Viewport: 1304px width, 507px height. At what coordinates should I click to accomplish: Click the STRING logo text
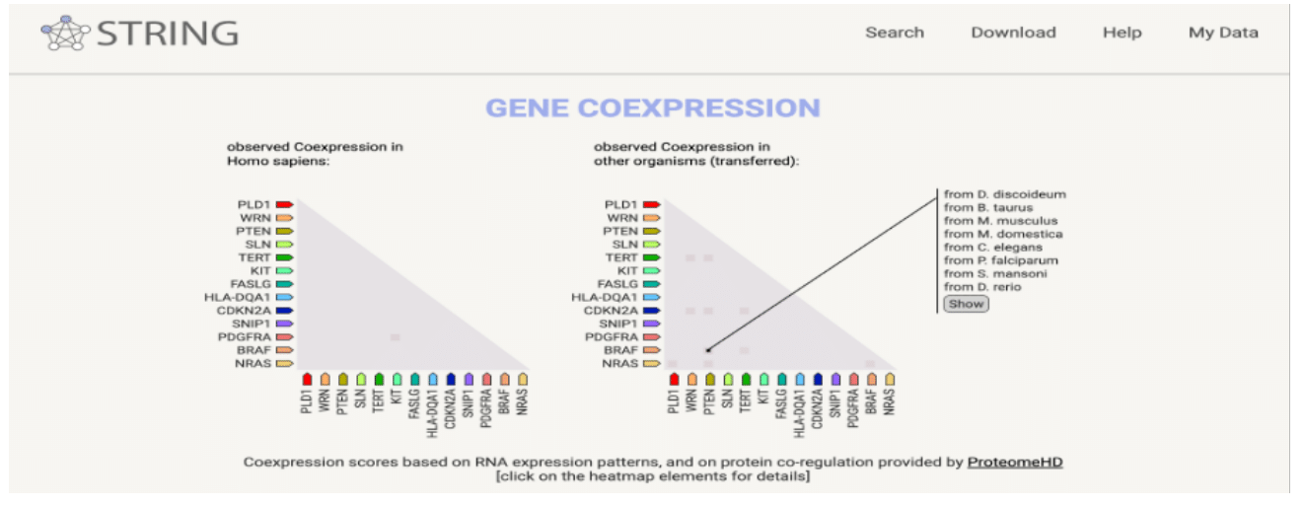point(167,34)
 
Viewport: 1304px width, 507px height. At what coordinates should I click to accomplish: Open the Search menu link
point(895,33)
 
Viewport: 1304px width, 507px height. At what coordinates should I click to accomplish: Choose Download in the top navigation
point(1013,33)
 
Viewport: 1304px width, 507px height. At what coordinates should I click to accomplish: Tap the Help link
point(1122,33)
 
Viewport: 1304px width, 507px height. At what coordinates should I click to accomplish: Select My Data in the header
point(1223,33)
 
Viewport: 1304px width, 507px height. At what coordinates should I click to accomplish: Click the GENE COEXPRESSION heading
point(652,108)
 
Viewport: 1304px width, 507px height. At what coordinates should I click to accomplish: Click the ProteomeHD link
point(1014,462)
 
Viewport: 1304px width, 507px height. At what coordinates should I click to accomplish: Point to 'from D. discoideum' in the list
point(1004,194)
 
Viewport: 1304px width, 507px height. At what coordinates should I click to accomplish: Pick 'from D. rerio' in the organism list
point(982,287)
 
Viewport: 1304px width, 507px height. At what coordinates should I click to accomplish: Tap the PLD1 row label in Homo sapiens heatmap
point(254,204)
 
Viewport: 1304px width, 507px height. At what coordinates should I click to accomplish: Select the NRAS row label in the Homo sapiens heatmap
point(253,364)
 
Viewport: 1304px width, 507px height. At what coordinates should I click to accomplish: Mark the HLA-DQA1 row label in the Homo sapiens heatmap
point(237,297)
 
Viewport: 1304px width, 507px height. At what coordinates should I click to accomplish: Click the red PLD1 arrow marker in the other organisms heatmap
point(651,204)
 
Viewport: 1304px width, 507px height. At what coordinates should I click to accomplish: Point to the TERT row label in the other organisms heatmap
point(620,257)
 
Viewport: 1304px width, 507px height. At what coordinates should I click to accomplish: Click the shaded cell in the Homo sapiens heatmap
point(395,337)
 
